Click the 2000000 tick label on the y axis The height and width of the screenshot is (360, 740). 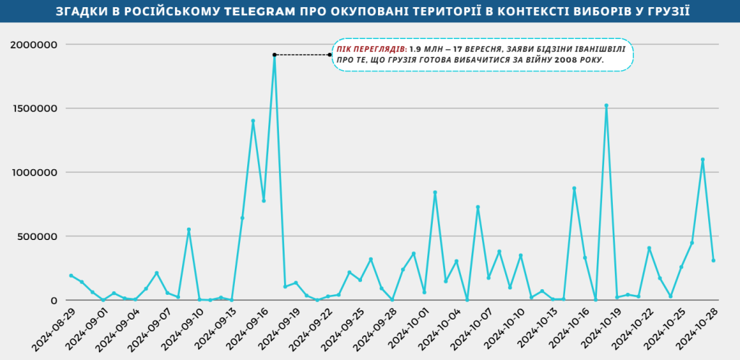click(33, 45)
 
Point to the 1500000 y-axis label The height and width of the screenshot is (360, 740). click(33, 108)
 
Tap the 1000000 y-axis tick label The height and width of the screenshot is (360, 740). click(33, 173)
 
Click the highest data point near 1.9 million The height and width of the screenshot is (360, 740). click(275, 55)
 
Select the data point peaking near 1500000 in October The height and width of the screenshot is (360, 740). click(606, 106)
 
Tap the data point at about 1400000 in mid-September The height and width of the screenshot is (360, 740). click(253, 121)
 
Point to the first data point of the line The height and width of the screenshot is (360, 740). click(71, 275)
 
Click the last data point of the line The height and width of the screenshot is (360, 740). click(713, 260)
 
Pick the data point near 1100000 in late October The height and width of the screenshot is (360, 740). click(702, 160)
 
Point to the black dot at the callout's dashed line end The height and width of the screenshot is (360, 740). click(330, 54)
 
